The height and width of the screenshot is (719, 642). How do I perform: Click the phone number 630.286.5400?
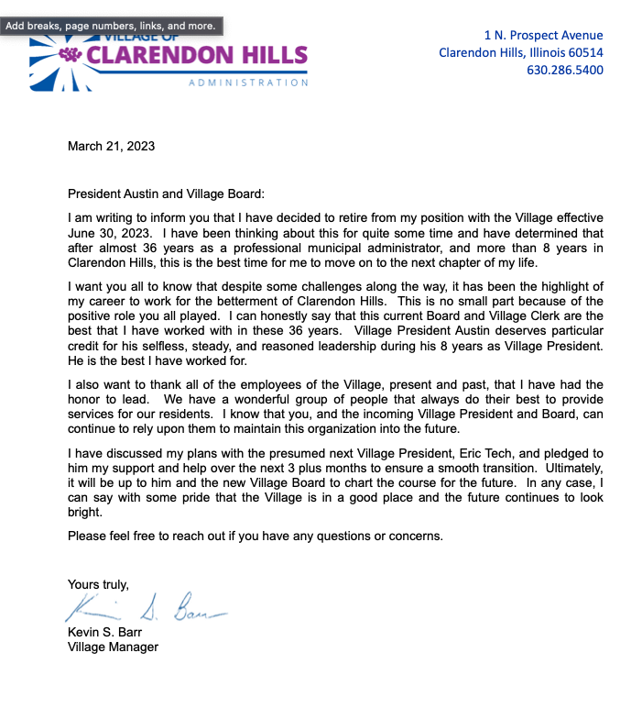(x=564, y=70)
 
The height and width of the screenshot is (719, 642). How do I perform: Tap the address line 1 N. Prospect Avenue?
(x=543, y=35)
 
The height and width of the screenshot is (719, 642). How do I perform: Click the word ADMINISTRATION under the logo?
(x=248, y=83)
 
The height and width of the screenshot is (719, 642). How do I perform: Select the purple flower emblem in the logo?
(x=71, y=56)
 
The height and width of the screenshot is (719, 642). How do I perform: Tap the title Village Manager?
(x=113, y=647)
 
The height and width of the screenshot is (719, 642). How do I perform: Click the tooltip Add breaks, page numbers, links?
(x=111, y=26)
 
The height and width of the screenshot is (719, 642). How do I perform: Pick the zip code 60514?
(x=584, y=52)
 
